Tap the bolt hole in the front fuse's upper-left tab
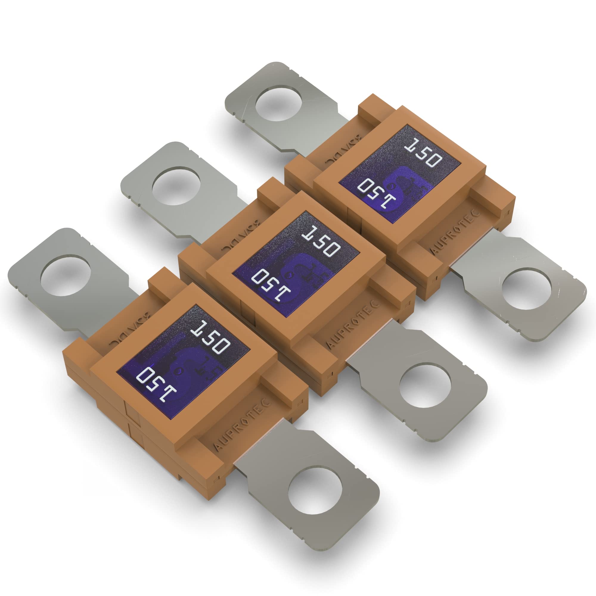click(x=65, y=277)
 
